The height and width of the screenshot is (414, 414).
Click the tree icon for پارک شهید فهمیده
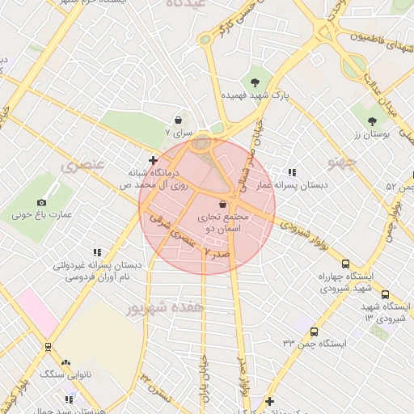[256, 82]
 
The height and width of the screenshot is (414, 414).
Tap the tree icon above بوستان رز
[372, 121]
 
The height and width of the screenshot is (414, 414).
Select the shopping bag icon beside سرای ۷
[178, 120]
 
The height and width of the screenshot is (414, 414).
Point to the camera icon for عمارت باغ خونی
[42, 202]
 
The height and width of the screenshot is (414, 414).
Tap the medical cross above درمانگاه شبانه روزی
[153, 160]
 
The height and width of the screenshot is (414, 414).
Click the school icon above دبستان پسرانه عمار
[292, 172]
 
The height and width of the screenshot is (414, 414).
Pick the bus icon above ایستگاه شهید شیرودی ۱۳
[385, 295]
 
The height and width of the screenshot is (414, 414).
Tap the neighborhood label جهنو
[343, 163]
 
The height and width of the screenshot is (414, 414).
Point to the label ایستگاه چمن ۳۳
[315, 344]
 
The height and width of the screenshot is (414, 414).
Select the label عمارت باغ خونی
[42, 216]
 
